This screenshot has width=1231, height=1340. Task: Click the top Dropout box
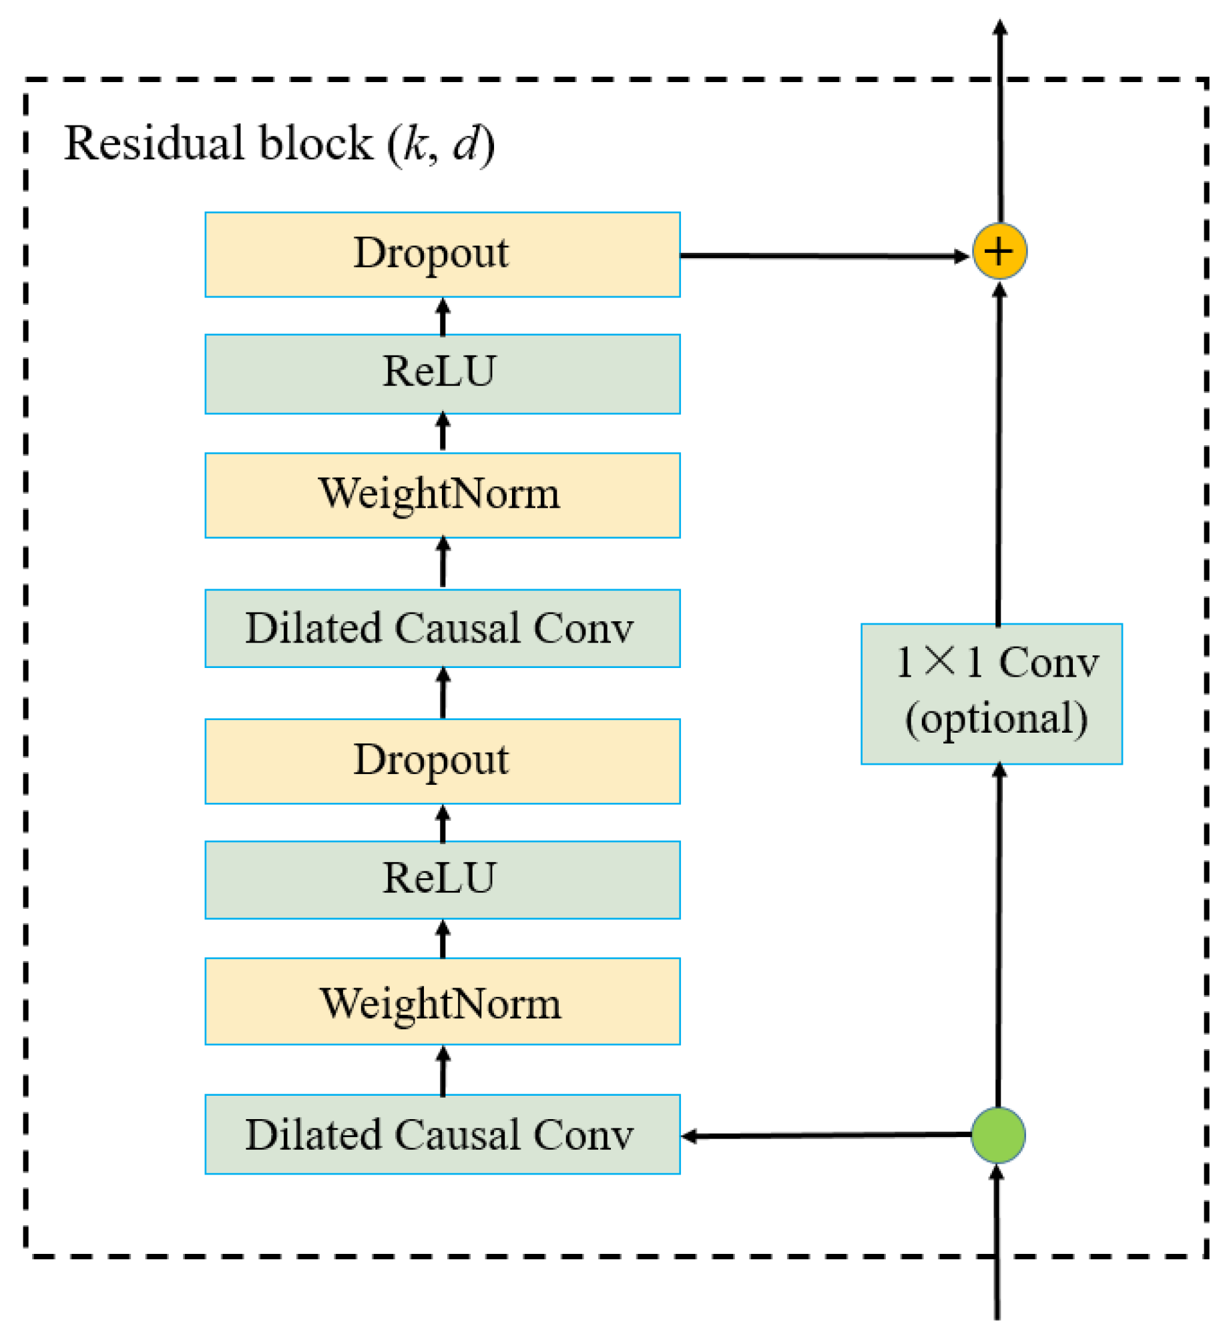point(442,254)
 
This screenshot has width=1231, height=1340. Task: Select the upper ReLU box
point(442,374)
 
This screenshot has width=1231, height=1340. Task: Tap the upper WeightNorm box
point(442,495)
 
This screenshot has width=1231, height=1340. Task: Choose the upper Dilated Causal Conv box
point(442,628)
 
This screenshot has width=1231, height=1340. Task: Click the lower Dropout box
point(442,761)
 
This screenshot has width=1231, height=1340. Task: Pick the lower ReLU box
point(442,880)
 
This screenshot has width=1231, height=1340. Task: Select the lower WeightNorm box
point(442,1001)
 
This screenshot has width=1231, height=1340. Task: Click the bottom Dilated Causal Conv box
point(442,1134)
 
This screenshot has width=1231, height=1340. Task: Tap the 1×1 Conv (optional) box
point(991,694)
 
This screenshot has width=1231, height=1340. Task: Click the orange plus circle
point(999,252)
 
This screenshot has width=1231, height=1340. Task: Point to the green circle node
point(997,1134)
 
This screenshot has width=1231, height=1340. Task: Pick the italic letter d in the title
point(466,143)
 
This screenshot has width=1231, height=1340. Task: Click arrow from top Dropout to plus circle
point(821,256)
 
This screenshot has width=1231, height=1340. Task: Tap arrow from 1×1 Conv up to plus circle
point(999,454)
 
